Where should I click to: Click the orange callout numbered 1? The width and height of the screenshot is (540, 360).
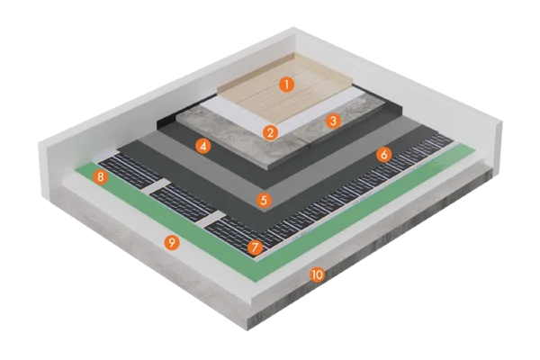(286, 85)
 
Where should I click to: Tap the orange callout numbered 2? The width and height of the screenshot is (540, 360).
(270, 132)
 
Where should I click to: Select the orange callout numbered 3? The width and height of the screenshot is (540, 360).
(333, 121)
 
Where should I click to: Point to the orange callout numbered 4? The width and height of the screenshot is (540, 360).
(203, 147)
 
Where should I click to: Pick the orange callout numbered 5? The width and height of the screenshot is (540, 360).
(264, 200)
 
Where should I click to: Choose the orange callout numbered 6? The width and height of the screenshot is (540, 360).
(383, 155)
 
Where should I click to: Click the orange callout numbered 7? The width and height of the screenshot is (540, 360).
(255, 247)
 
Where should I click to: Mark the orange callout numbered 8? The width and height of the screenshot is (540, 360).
(100, 177)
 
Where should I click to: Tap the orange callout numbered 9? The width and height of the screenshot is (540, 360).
(172, 242)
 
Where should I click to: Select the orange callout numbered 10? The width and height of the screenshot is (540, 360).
(317, 274)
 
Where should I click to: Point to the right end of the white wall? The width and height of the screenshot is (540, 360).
(499, 145)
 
